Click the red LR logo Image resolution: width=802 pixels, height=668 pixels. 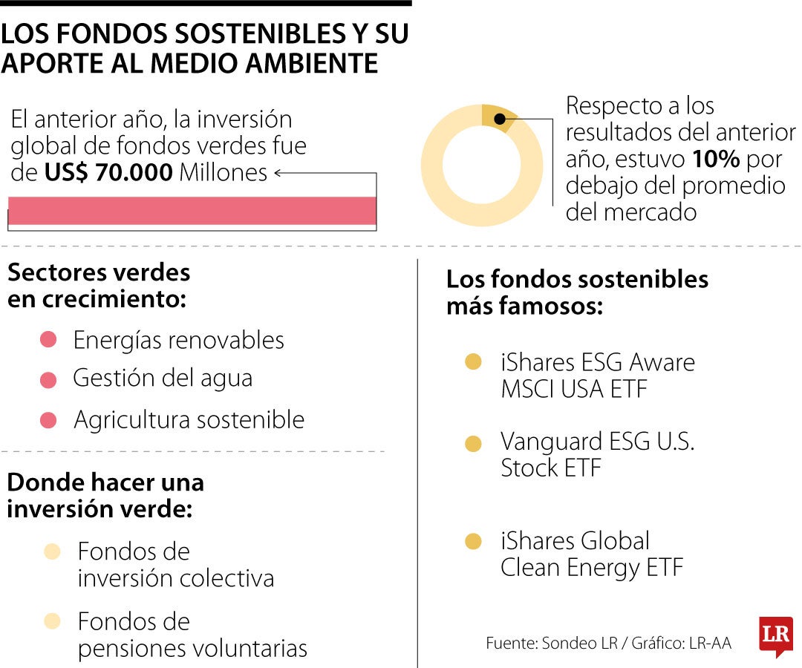[775, 636]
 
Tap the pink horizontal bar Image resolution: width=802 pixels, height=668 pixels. [192, 211]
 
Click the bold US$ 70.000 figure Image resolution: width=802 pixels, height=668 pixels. [108, 173]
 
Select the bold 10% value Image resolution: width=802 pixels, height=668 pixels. [716, 159]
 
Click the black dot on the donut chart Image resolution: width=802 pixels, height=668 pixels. [501, 119]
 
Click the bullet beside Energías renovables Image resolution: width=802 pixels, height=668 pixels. [48, 341]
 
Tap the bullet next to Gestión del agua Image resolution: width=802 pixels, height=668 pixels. [48, 380]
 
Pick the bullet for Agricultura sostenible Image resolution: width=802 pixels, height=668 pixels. [48, 421]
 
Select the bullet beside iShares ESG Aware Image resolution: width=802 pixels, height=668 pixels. [473, 363]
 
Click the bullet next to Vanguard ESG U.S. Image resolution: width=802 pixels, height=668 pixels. [473, 444]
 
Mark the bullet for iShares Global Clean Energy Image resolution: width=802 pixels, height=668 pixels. [473, 542]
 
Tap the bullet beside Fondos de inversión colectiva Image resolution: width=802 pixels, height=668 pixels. [52, 552]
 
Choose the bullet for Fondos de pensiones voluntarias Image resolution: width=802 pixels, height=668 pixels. [52, 621]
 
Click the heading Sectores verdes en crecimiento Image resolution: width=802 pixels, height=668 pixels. [99, 286]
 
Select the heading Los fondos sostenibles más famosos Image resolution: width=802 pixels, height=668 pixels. [577, 292]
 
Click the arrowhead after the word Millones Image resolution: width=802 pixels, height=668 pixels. [278, 174]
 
